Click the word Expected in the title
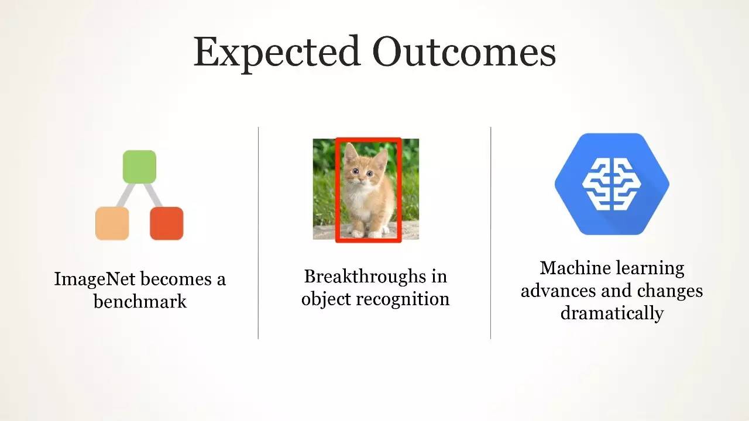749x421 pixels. [277, 53]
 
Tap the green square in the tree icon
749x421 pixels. [139, 167]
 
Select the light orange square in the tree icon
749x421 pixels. [112, 223]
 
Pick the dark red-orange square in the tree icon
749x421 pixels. [167, 223]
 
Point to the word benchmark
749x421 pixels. [140, 301]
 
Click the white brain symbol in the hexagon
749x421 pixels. [611, 184]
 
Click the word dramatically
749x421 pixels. [612, 313]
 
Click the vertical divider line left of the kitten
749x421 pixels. [258, 233]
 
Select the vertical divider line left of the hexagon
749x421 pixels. [490, 233]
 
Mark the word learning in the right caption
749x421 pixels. [650, 269]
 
